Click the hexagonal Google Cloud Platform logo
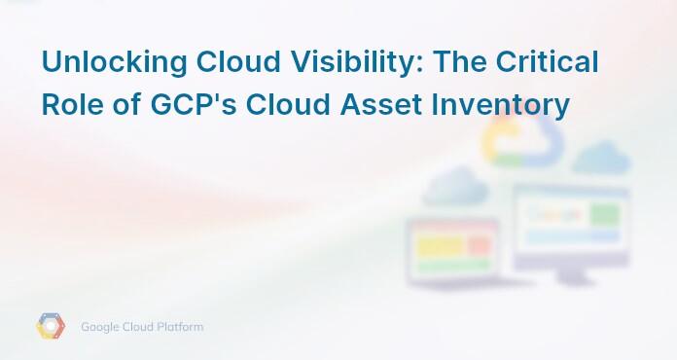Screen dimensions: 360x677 click(51, 327)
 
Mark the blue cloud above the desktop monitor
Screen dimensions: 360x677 click(601, 158)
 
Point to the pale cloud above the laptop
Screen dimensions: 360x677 click(454, 185)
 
